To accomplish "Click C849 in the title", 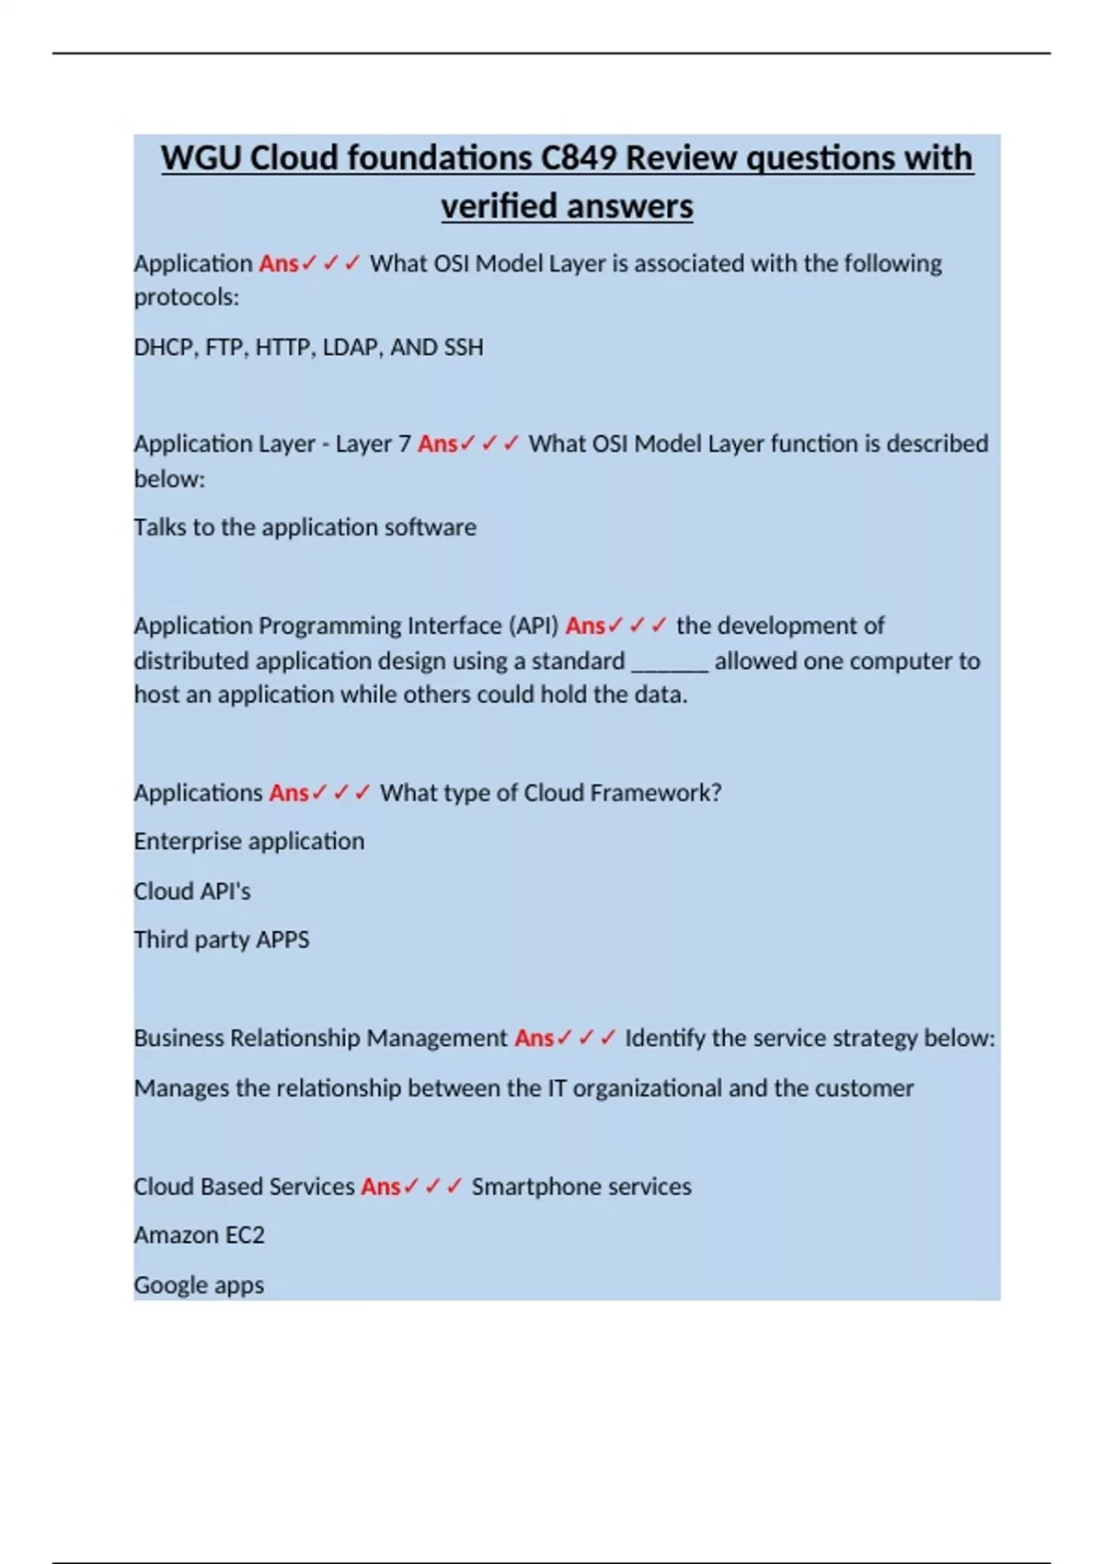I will coord(578,158).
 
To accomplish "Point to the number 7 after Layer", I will coord(405,444).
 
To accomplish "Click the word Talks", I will coord(160,527).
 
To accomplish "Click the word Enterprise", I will coord(188,842).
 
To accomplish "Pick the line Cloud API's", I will coord(192,891).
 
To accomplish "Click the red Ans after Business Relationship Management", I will coord(534,1039).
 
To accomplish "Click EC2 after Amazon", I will coord(246,1236).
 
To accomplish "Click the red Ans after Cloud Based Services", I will coord(380,1187).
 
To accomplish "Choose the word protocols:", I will coord(186,298).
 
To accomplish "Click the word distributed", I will coord(191,661).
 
